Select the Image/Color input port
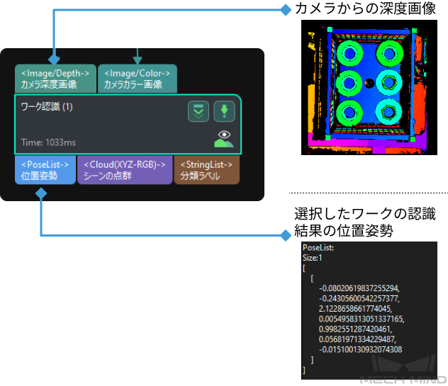coord(138,79)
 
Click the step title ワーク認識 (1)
coord(47,107)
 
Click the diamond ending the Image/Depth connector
coord(286,10)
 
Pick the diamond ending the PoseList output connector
coord(286,235)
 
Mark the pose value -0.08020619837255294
coord(359,288)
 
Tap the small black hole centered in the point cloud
coord(369,83)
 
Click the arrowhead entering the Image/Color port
coord(138,59)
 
